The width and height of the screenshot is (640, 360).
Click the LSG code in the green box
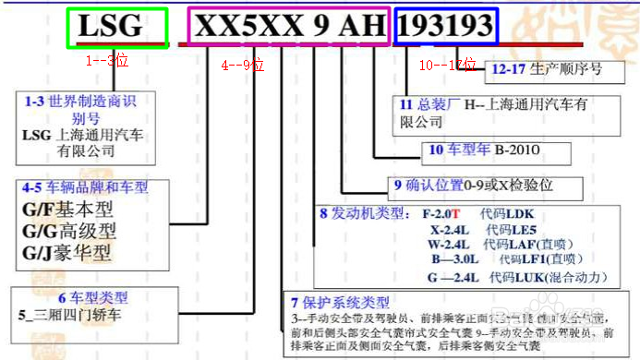[x=116, y=27]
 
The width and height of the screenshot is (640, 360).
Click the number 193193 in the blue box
[x=447, y=27]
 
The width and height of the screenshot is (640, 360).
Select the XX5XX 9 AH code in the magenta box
[x=289, y=27]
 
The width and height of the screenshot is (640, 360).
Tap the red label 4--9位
[x=242, y=66]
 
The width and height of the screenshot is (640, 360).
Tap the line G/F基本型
[x=69, y=208]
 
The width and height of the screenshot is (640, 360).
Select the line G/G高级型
[x=70, y=229]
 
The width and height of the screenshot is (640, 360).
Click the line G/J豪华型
[x=70, y=251]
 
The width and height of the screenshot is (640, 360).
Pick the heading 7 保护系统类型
[x=339, y=302]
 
